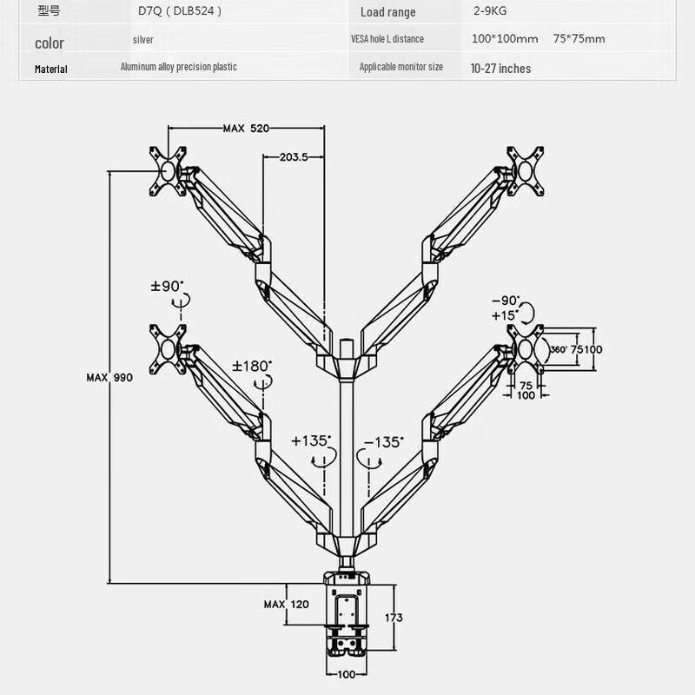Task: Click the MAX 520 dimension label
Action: click(x=245, y=129)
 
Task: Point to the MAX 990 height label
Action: click(x=109, y=378)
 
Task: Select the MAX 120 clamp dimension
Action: click(x=287, y=604)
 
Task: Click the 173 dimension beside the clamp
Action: click(x=394, y=618)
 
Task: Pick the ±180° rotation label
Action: click(x=252, y=366)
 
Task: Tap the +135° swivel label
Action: click(x=311, y=441)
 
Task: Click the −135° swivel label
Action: click(x=383, y=441)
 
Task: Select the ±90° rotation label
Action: click(x=167, y=286)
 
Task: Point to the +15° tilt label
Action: click(x=504, y=314)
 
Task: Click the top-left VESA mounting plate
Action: click(x=169, y=170)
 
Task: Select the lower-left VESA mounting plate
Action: click(x=169, y=346)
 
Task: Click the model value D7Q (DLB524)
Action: click(x=180, y=11)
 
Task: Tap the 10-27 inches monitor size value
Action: click(x=500, y=68)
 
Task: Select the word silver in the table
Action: click(x=143, y=40)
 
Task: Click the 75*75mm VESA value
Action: click(x=579, y=39)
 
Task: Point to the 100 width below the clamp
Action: click(x=347, y=675)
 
